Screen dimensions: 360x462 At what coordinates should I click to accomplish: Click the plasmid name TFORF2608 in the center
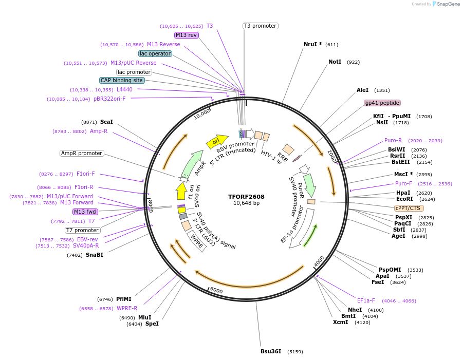point(247,196)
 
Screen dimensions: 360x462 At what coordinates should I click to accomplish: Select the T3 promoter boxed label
point(260,26)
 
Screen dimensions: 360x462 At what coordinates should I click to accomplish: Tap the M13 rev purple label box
point(186,35)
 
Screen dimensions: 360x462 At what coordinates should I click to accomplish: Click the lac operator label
point(155,53)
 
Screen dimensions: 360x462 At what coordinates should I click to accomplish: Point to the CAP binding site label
point(122,80)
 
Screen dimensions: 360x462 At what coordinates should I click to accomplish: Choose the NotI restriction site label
point(335,62)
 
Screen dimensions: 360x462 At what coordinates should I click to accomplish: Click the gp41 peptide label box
point(382,103)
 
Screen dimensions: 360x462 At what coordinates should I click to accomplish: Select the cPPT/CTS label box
point(408,208)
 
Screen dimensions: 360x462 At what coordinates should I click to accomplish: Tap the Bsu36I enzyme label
point(271,351)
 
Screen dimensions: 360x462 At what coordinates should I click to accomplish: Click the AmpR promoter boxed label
point(82,153)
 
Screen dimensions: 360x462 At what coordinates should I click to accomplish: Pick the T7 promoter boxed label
point(82,230)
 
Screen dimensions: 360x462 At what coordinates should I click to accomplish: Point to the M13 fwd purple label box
point(85,212)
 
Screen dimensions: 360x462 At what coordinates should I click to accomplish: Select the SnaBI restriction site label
point(94,255)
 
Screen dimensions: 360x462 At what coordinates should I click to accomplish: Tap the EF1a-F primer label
point(366,300)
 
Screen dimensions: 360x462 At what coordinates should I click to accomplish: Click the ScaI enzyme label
point(106,122)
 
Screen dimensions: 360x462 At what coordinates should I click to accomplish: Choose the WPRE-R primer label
point(126,308)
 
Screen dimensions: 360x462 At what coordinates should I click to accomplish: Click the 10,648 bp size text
point(247,203)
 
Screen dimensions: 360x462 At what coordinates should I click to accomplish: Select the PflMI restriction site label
point(123,299)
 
